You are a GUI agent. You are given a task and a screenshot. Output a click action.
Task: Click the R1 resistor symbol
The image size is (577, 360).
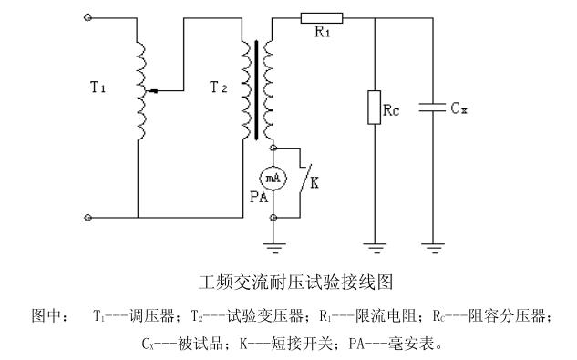click(322, 18)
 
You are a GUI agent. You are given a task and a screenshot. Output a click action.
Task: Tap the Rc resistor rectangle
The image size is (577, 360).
click(375, 108)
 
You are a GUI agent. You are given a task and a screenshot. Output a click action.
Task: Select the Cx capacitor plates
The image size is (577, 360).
click(432, 108)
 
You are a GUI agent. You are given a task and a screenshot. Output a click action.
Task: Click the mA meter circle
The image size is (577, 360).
click(273, 179)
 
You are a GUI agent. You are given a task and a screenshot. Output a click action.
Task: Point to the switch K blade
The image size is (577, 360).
click(305, 177)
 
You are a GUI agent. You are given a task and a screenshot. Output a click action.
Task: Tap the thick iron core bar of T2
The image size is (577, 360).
click(256, 90)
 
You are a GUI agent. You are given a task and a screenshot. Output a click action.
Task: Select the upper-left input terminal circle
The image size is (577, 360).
click(88, 17)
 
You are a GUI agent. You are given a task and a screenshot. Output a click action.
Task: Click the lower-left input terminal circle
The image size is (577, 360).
click(88, 218)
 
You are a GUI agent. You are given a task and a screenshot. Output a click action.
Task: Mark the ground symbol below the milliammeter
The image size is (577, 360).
click(273, 248)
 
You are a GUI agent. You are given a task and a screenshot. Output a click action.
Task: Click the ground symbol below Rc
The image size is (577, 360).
click(375, 248)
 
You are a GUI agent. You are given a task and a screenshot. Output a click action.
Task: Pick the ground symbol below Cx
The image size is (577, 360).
click(433, 248)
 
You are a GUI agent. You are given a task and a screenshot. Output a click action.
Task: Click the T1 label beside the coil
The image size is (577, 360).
click(98, 87)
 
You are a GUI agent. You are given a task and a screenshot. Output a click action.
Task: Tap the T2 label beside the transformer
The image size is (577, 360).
click(218, 87)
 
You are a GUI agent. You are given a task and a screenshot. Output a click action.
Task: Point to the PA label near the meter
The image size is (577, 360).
click(259, 197)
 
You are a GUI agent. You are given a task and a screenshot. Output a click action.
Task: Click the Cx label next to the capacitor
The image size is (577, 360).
click(459, 108)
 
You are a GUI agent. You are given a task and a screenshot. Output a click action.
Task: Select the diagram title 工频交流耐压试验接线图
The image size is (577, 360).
click(296, 283)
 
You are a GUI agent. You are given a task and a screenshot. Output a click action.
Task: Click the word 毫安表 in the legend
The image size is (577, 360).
click(411, 344)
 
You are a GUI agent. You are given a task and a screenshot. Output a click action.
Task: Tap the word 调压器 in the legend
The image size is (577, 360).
click(152, 316)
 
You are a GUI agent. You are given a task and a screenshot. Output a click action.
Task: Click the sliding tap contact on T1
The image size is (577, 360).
click(152, 90)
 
